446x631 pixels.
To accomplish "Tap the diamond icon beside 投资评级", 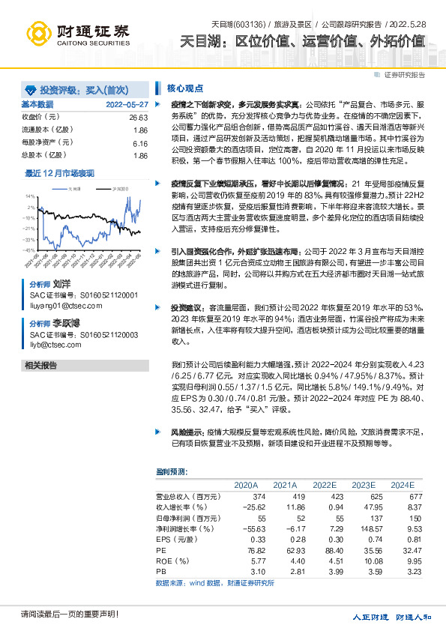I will [30, 88].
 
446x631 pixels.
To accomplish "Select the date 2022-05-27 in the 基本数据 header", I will [127, 104].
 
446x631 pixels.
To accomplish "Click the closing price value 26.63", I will [138, 118].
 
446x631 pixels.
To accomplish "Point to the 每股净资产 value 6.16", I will [139, 142].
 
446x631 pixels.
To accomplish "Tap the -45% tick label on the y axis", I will [28, 250].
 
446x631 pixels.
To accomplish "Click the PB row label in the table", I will [160, 570].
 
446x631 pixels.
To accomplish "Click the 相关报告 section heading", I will [42, 365].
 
